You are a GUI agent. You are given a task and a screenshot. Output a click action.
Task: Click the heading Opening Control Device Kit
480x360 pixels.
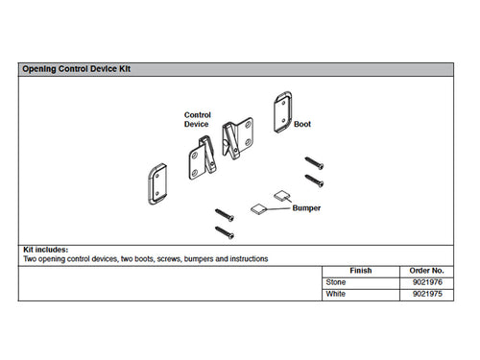pyautogui.click(x=76, y=69)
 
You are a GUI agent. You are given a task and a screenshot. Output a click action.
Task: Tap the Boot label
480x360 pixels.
pyautogui.click(x=302, y=124)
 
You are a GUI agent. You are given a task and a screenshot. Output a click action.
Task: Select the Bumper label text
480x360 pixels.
pyautogui.click(x=306, y=208)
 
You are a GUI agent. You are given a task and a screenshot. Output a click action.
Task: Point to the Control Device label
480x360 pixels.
pyautogui.click(x=197, y=119)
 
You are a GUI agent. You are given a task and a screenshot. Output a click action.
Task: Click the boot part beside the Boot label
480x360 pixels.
pyautogui.click(x=282, y=112)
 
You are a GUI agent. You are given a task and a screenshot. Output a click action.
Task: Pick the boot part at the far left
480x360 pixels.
pyautogui.click(x=157, y=184)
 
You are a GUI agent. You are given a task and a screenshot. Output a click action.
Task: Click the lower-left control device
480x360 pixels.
pyautogui.click(x=202, y=158)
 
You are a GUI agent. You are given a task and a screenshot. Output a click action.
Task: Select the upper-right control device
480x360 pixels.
pyautogui.click(x=237, y=138)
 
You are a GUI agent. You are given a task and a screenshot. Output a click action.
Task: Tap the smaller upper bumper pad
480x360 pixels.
pyautogui.click(x=281, y=196)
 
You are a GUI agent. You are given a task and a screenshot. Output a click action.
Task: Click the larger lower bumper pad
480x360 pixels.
pyautogui.click(x=258, y=209)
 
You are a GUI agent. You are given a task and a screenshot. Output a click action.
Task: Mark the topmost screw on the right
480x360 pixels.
pyautogui.click(x=314, y=163)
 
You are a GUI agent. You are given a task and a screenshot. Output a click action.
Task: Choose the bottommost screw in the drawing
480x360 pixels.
pyautogui.click(x=225, y=232)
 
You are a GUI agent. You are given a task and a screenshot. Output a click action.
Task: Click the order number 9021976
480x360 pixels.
pyautogui.click(x=427, y=282)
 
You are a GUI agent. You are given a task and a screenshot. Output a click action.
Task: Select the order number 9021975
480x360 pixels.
pyautogui.click(x=427, y=294)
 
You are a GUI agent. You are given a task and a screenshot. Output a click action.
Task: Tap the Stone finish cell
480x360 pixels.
pyautogui.click(x=336, y=282)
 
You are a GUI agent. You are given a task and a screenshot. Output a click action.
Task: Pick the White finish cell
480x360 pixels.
pyautogui.click(x=335, y=294)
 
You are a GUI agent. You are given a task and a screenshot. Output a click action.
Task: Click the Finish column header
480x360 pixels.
pyautogui.click(x=361, y=271)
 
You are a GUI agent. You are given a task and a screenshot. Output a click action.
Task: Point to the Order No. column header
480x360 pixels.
pyautogui.click(x=426, y=271)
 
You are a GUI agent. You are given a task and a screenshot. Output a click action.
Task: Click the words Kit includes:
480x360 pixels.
pyautogui.click(x=46, y=250)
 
